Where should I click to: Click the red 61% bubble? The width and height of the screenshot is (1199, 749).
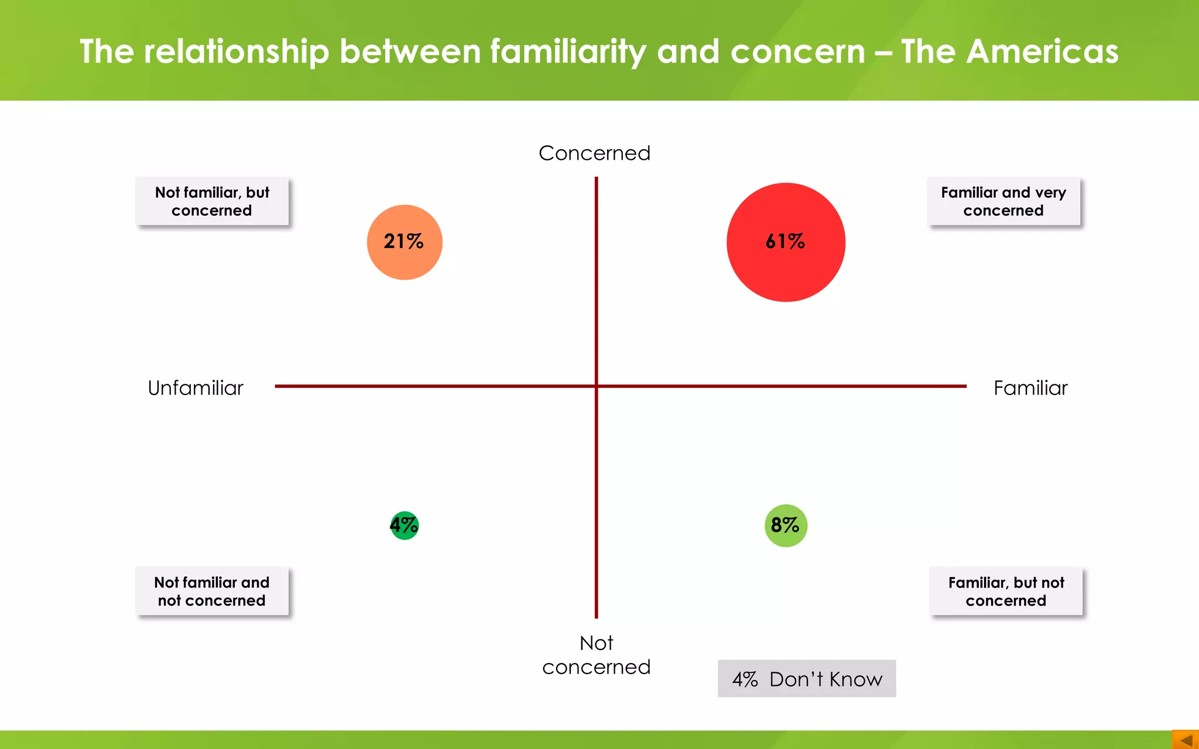point(786,242)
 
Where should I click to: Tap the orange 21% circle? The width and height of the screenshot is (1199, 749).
point(405,242)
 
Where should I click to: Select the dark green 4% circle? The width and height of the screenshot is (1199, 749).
point(404,525)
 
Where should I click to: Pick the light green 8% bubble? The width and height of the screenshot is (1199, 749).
point(786,525)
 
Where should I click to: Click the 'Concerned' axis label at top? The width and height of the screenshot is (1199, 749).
point(594,153)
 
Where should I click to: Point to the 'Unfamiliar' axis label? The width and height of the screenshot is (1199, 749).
point(196,388)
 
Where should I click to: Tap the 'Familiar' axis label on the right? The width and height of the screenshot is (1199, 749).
point(1030,388)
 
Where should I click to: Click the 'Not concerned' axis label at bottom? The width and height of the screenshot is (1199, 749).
point(596,655)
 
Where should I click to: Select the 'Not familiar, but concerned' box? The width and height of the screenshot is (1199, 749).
point(212,201)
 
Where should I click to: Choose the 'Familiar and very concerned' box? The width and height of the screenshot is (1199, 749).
point(1003,201)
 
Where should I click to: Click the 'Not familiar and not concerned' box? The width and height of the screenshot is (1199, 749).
point(212,591)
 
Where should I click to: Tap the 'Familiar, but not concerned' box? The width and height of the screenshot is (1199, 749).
point(1006,591)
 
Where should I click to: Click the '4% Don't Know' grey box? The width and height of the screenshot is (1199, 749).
point(807,679)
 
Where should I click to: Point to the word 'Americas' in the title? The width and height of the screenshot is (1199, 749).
point(1042,51)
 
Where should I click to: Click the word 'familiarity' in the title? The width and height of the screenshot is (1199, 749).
point(568,51)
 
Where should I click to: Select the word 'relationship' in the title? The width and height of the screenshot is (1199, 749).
point(237,51)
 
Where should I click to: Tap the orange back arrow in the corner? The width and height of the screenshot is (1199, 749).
point(1186,740)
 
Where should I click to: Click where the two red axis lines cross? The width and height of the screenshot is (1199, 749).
point(597,386)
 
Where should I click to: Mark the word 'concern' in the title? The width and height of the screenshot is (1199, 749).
point(798,51)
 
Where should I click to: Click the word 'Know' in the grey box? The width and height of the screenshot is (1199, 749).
point(855,679)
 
